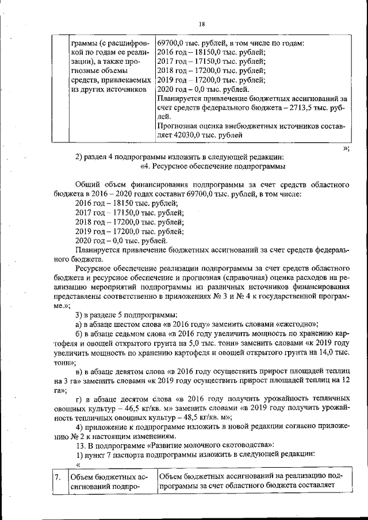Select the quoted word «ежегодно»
297,323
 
